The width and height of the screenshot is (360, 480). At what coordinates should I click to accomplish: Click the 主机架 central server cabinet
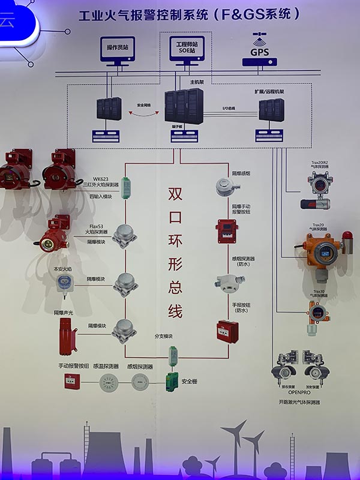184,108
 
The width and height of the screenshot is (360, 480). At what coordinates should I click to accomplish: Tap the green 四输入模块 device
126,185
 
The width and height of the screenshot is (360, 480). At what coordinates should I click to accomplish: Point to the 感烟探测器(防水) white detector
226,282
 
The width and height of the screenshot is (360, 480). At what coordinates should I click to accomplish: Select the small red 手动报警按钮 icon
73,381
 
